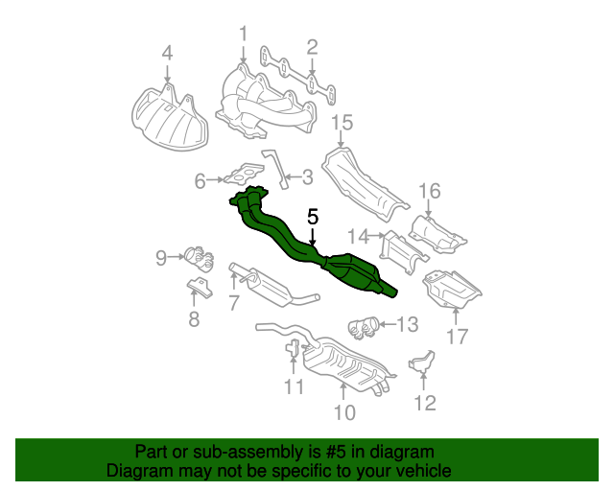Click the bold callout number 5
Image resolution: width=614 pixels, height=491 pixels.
click(x=313, y=217)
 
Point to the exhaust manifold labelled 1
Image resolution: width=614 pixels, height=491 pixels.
click(x=267, y=103)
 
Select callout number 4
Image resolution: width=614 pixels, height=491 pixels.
click(x=167, y=53)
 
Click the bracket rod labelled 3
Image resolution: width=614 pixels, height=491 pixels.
click(x=276, y=169)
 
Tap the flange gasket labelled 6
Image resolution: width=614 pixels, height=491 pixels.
click(x=244, y=174)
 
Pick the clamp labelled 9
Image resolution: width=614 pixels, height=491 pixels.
click(x=200, y=259)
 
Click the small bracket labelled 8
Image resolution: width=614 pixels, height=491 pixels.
click(x=200, y=287)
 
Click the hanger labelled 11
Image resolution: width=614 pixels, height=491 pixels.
click(x=293, y=348)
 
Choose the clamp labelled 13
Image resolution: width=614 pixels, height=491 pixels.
click(x=364, y=328)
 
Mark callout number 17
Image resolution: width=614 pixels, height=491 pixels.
click(x=458, y=337)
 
